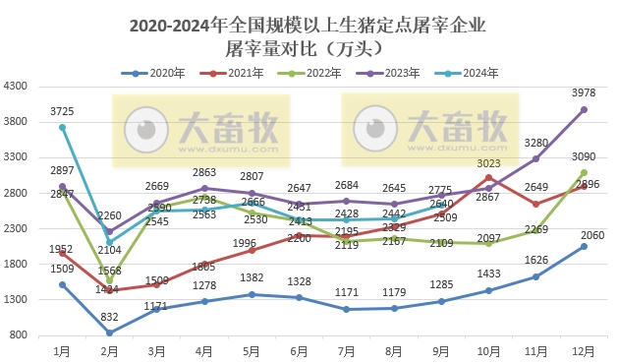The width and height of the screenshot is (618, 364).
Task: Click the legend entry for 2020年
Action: pyautogui.click(x=156, y=73)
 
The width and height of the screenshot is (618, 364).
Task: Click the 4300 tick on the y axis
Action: pyautogui.click(x=17, y=87)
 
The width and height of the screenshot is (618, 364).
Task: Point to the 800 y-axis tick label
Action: pyautogui.click(x=20, y=334)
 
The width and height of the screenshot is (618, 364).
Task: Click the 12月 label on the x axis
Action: pyautogui.click(x=584, y=349)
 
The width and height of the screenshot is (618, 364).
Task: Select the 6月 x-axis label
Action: pyautogui.click(x=299, y=349)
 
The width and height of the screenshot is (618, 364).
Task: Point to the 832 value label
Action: pyautogui.click(x=110, y=317)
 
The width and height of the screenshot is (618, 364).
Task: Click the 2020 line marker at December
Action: pyautogui.click(x=584, y=246)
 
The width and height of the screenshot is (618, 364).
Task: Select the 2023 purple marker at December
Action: pyautogui.click(x=584, y=110)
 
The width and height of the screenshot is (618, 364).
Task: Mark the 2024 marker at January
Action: pyautogui.click(x=63, y=127)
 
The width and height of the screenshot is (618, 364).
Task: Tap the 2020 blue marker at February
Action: pyautogui.click(x=110, y=333)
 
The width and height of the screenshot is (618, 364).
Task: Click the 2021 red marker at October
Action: pyautogui.click(x=489, y=177)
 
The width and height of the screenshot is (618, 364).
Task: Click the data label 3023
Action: pyautogui.click(x=488, y=163)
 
